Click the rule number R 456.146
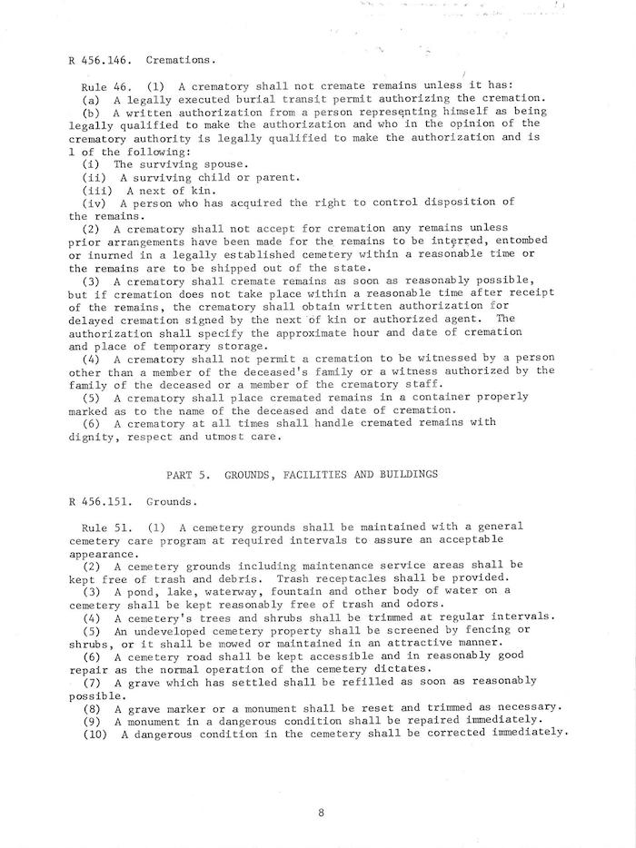pyautogui.click(x=99, y=62)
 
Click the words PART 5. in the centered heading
pyautogui.click(x=188, y=474)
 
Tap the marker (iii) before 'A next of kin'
pyautogui.click(x=97, y=191)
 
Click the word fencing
pyautogui.click(x=489, y=630)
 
